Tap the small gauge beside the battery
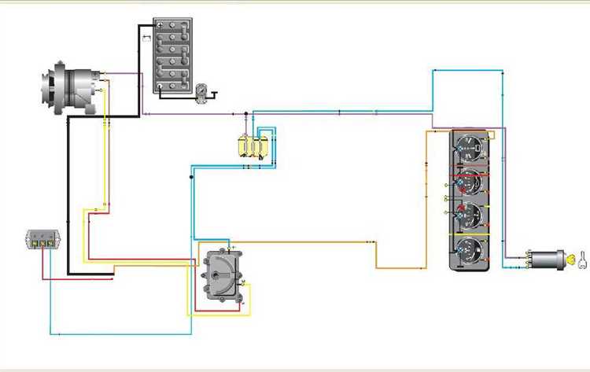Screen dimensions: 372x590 203,93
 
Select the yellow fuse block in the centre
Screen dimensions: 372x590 253,146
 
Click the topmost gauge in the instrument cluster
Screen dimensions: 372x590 469,148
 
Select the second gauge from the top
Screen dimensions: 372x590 470,182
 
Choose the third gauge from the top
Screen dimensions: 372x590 470,215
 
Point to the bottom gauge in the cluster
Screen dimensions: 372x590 470,250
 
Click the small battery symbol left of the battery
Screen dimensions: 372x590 145,35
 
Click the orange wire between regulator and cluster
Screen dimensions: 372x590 315,243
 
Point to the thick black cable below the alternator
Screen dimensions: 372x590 68,197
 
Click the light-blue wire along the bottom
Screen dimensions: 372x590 142,333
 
